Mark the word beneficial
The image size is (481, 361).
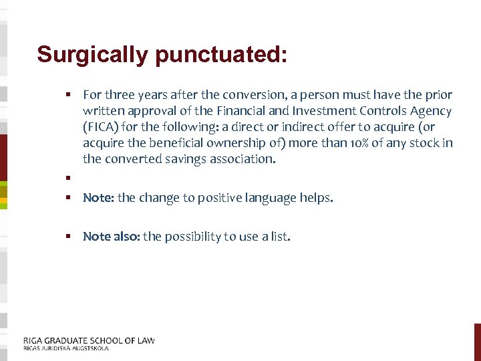(172, 143)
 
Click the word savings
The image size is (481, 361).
(197, 159)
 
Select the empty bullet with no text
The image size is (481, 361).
(68, 178)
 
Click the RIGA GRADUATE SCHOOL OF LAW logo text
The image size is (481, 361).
(89, 340)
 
